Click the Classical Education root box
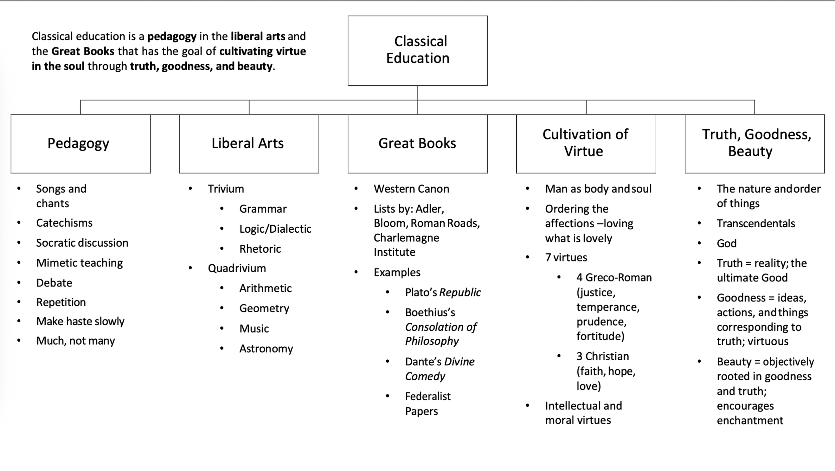coord(417,50)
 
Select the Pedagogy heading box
coord(80,144)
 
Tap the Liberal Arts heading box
coord(249,144)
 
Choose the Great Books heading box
coord(417,144)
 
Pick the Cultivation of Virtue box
coord(586,144)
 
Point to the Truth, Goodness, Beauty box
coord(755,144)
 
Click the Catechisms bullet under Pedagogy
coord(64,223)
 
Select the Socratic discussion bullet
coord(82,243)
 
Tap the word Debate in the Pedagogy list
coord(54,283)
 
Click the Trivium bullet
coord(226,189)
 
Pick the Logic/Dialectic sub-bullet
coord(275,229)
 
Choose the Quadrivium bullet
coord(237,268)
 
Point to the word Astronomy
coord(266,349)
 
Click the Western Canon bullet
coord(411,189)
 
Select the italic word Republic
coord(460,292)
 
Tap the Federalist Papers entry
coord(428,404)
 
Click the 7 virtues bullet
coord(566,258)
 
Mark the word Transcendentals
coord(756,224)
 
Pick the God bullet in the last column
coord(726,244)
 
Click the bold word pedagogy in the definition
coord(172,36)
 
